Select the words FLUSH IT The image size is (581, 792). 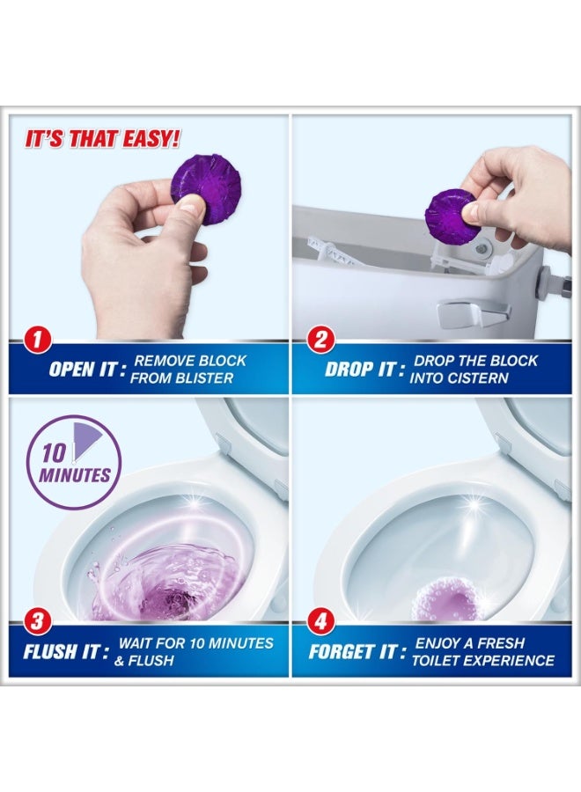click(x=67, y=652)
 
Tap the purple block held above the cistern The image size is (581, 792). click(x=451, y=214)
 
